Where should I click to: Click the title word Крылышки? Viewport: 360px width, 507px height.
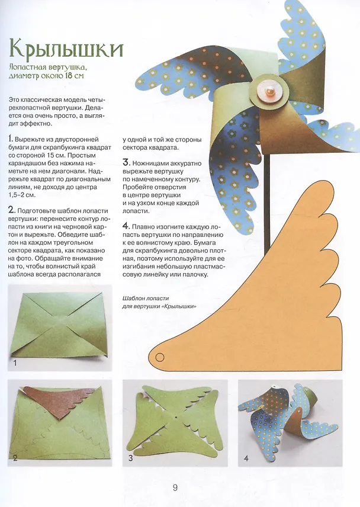click(66, 49)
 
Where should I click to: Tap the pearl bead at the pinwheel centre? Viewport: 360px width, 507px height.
click(269, 93)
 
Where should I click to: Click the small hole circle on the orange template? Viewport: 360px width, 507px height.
click(160, 357)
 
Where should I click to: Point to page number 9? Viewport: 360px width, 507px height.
click(175, 487)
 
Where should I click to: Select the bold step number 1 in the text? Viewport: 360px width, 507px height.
click(11, 139)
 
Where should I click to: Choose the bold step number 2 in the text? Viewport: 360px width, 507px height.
click(12, 210)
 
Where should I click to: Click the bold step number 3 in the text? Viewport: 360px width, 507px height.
click(126, 163)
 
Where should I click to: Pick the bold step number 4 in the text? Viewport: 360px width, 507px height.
click(126, 226)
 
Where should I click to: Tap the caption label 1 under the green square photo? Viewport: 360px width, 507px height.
click(15, 363)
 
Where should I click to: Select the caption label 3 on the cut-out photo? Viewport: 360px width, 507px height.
click(130, 458)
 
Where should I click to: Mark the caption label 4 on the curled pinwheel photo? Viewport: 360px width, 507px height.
click(246, 458)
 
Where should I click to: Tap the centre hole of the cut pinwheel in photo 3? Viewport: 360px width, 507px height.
click(176, 418)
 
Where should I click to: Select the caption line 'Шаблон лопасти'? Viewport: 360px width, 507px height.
click(146, 298)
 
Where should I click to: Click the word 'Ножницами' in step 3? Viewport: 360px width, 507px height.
click(151, 163)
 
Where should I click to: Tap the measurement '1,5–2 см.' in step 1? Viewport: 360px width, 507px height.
click(22, 195)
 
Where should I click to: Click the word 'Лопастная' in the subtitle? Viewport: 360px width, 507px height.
click(28, 68)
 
